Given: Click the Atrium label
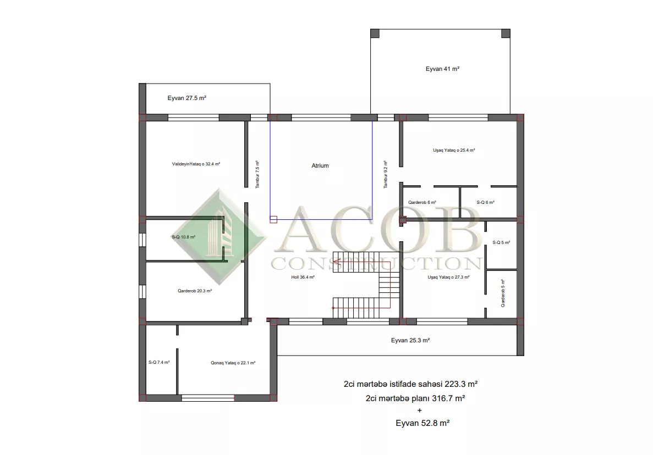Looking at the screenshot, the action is pyautogui.click(x=320, y=165).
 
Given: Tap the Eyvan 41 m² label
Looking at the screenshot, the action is pyautogui.click(x=442, y=69).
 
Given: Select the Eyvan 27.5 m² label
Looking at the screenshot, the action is pyautogui.click(x=187, y=98).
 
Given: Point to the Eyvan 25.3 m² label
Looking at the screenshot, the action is pyautogui.click(x=410, y=340).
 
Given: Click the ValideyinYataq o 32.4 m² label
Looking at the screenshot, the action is pyautogui.click(x=196, y=164).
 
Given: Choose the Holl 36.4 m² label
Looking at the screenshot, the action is pyautogui.click(x=303, y=277).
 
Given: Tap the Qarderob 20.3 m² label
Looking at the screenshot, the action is pyautogui.click(x=195, y=291).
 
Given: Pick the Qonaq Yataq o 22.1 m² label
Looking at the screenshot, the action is pyautogui.click(x=233, y=363).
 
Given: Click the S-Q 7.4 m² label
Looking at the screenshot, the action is pyautogui.click(x=159, y=362).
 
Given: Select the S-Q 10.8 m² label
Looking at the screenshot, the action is pyautogui.click(x=184, y=237).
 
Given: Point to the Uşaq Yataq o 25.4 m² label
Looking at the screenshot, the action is pyautogui.click(x=454, y=150).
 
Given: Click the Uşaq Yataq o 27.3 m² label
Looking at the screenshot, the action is pyautogui.click(x=448, y=277).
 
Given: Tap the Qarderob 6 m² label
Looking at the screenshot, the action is pyautogui.click(x=422, y=203).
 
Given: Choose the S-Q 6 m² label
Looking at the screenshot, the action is pyautogui.click(x=486, y=203).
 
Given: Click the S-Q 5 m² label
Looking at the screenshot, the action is pyautogui.click(x=501, y=242).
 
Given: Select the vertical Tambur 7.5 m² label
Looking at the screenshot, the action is pyautogui.click(x=257, y=175).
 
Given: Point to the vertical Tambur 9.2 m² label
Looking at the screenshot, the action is pyautogui.click(x=386, y=175).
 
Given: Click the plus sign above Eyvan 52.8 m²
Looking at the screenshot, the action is pyautogui.click(x=419, y=410).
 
